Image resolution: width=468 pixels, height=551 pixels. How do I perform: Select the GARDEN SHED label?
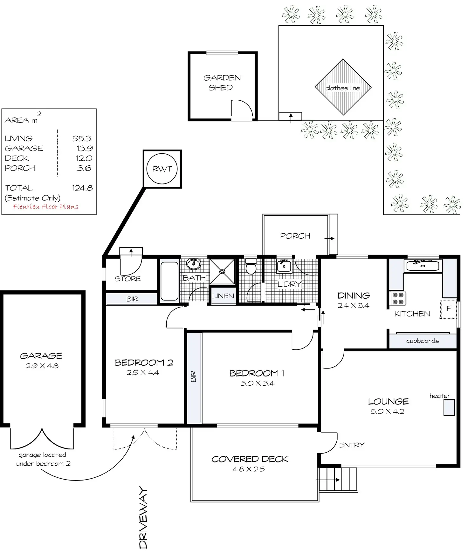point(222,83)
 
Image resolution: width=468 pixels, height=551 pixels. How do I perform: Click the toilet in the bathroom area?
point(251,266)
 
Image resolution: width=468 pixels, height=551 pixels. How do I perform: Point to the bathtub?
point(169,281)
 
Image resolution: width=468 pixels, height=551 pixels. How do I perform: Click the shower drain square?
point(222,271)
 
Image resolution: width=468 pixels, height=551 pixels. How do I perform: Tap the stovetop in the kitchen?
point(397,298)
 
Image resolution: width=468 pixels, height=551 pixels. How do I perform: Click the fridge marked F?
point(449,309)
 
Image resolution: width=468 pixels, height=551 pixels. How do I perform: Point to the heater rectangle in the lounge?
point(449,407)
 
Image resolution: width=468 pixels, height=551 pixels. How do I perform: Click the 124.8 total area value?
point(82,188)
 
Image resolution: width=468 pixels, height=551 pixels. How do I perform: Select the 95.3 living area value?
point(82,138)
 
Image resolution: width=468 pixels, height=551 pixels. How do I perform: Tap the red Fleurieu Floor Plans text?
point(46,207)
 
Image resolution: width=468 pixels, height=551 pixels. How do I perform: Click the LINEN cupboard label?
point(223,296)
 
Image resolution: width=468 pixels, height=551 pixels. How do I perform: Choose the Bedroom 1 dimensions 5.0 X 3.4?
point(258,383)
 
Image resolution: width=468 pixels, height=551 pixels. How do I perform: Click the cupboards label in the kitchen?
point(422,341)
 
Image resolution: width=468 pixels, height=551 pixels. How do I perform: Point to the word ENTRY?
point(352,445)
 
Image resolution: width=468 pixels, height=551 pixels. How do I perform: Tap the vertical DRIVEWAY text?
point(143,517)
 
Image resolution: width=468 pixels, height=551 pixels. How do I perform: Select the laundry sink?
point(284,266)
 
